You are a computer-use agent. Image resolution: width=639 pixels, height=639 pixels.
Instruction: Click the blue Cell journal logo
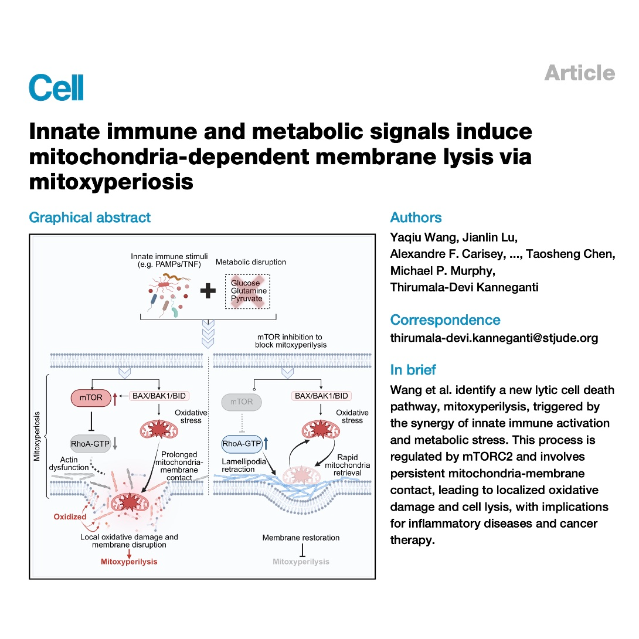pyautogui.click(x=56, y=87)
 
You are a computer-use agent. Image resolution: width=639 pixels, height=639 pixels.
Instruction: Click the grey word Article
pyautogui.click(x=580, y=73)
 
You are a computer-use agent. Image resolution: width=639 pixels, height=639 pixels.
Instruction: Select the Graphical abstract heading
pyautogui.click(x=90, y=217)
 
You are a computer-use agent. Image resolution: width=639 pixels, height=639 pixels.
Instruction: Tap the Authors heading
pyautogui.click(x=416, y=217)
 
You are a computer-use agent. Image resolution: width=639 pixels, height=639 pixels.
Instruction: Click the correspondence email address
pyautogui.click(x=494, y=338)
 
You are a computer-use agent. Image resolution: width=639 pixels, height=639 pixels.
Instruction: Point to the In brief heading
pyautogui.click(x=413, y=370)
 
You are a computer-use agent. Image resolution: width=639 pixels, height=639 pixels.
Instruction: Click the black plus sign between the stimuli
pyautogui.click(x=208, y=291)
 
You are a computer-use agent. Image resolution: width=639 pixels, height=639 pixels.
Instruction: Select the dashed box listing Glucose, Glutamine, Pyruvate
pyautogui.click(x=247, y=291)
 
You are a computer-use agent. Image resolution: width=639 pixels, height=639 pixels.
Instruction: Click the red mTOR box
pyautogui.click(x=91, y=397)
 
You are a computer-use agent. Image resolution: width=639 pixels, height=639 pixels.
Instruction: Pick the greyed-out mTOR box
pyautogui.click(x=242, y=402)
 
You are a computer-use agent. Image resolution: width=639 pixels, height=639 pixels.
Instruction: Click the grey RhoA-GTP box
pyautogui.click(x=90, y=444)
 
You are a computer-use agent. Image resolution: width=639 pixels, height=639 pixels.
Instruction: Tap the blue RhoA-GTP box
pyautogui.click(x=242, y=444)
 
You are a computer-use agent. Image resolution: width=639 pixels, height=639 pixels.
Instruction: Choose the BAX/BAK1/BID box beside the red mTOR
pyautogui.click(x=159, y=396)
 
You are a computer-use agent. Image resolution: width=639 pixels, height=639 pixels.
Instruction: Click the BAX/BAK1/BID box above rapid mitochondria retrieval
pyautogui.click(x=321, y=396)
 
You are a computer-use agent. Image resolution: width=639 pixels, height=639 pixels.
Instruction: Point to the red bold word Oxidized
pyautogui.click(x=70, y=516)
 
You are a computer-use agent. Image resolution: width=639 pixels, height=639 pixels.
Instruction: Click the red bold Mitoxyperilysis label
pyautogui.click(x=129, y=562)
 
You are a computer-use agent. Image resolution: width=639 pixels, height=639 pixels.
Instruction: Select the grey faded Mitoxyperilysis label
pyautogui.click(x=301, y=562)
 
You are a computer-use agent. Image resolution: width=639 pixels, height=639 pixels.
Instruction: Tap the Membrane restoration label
pyautogui.click(x=301, y=538)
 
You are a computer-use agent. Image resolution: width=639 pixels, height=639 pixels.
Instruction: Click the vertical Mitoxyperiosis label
pyautogui.click(x=37, y=436)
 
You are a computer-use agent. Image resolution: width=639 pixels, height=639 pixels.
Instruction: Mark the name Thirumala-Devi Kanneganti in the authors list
pyautogui.click(x=464, y=287)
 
